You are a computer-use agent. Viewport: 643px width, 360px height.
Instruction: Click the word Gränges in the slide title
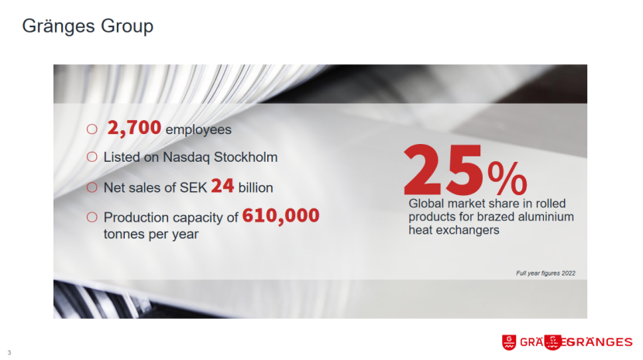pyautogui.click(x=59, y=26)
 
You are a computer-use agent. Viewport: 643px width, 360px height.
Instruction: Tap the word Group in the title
pyautogui.click(x=127, y=26)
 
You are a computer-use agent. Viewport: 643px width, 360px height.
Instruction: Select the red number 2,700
pyautogui.click(x=134, y=128)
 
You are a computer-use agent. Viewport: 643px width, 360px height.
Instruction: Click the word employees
pyautogui.click(x=198, y=130)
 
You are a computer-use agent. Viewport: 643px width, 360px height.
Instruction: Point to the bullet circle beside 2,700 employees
pyautogui.click(x=92, y=129)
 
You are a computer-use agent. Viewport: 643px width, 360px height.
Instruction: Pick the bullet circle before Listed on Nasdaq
pyautogui.click(x=92, y=157)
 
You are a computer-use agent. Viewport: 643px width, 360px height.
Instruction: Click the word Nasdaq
pyautogui.click(x=186, y=157)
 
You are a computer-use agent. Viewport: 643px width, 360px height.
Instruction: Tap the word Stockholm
pyautogui.click(x=246, y=157)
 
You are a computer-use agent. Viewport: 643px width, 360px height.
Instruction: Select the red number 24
pyautogui.click(x=222, y=186)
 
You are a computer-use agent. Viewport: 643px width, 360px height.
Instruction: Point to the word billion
pyautogui.click(x=256, y=188)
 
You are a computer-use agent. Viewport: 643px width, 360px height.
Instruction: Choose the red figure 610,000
pyautogui.click(x=280, y=216)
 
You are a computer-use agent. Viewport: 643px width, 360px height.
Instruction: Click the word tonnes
pyautogui.click(x=124, y=234)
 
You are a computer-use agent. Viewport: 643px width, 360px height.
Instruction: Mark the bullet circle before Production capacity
pyautogui.click(x=92, y=218)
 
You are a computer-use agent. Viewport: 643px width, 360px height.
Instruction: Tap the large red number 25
pyautogui.click(x=444, y=170)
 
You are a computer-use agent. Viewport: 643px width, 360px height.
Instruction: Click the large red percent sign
pyautogui.click(x=507, y=178)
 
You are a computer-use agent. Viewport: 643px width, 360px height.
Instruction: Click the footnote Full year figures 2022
pyautogui.click(x=545, y=273)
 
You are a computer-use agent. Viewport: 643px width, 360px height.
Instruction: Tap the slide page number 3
pyautogui.click(x=9, y=352)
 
